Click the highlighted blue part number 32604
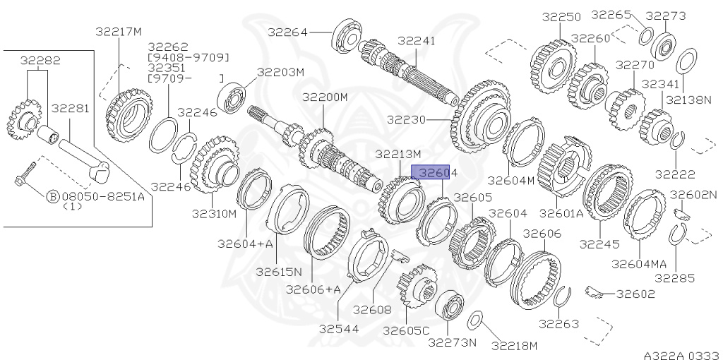(435, 172)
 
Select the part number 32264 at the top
(287, 31)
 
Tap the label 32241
(417, 41)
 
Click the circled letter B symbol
(52, 197)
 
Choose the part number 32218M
(514, 346)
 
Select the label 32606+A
(313, 289)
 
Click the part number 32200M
(325, 96)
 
